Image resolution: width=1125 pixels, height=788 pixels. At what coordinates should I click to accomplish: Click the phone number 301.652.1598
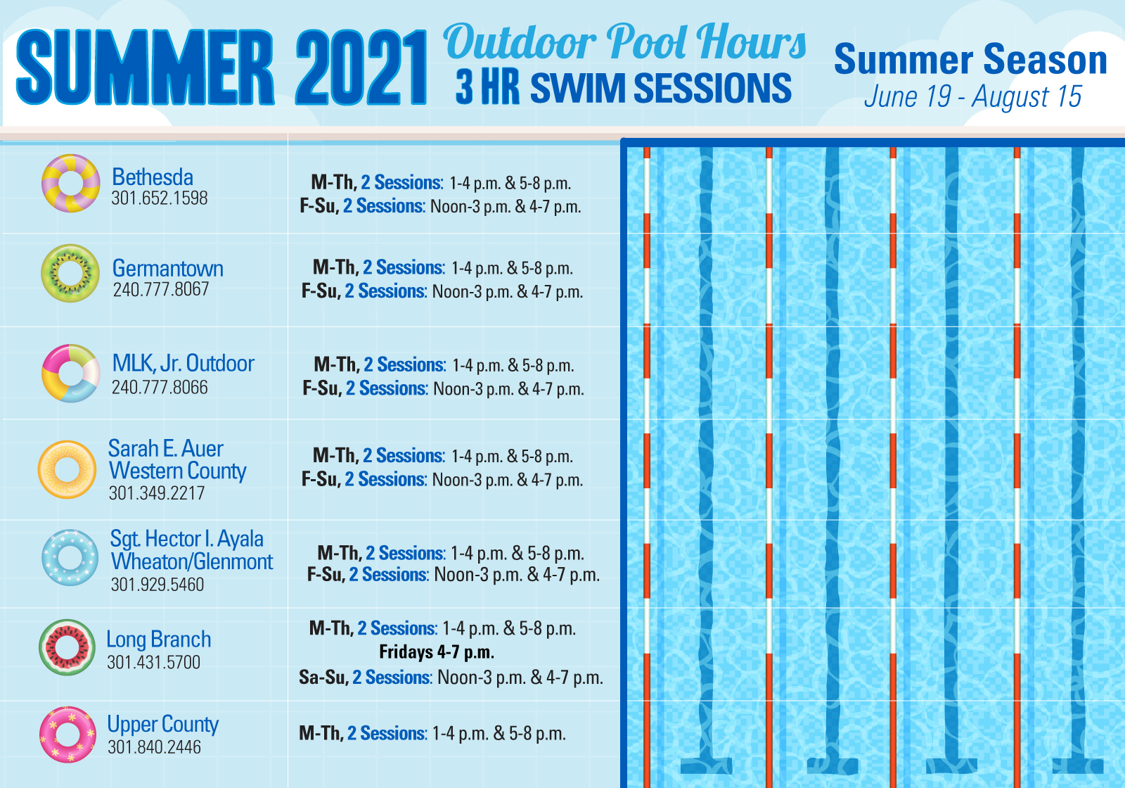tap(159, 198)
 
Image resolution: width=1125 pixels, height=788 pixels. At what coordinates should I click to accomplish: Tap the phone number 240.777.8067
tap(161, 289)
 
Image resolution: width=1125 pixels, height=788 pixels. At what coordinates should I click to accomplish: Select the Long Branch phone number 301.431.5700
tap(154, 662)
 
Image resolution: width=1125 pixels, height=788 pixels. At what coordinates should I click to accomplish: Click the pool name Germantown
tap(168, 268)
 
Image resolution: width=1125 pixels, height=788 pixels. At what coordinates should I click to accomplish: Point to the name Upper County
tap(162, 725)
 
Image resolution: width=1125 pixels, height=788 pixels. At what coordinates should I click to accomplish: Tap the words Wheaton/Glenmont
tap(192, 561)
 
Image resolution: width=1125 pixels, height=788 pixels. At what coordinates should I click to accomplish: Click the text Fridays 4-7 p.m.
tap(437, 652)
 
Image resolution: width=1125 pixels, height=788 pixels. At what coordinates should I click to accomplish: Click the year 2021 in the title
tap(361, 68)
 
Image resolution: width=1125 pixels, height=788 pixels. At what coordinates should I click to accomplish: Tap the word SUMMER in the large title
tap(145, 68)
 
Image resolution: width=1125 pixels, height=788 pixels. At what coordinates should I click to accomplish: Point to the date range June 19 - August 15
tap(973, 96)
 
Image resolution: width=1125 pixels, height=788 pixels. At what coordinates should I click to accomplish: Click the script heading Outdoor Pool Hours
tap(624, 42)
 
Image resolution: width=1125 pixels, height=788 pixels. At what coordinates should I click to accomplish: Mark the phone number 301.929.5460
tap(157, 585)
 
